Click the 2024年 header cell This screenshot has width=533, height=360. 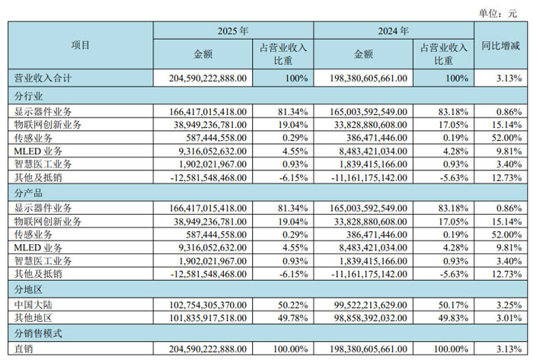point(393,32)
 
